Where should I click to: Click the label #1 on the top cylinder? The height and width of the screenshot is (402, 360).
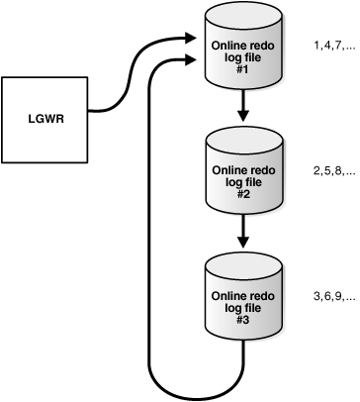coord(241,70)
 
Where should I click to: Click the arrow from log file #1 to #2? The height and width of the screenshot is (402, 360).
coord(241,107)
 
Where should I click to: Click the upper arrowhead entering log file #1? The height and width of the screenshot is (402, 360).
coord(192,40)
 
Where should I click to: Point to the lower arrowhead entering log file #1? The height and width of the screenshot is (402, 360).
coord(192,61)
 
